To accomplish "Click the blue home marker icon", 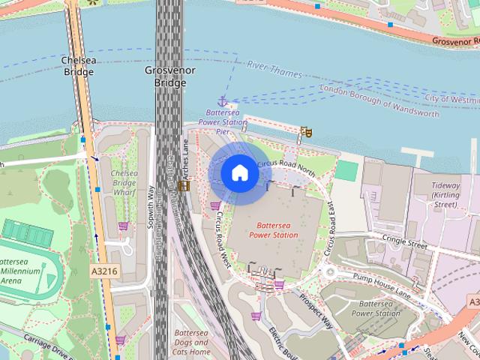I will coord(239,173).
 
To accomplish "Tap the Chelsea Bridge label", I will coord(78,66).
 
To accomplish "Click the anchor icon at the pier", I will coord(222,100).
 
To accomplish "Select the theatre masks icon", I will coord(305,132).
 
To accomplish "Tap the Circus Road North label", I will coord(286,164).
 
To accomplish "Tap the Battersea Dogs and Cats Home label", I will coord(190,342).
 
